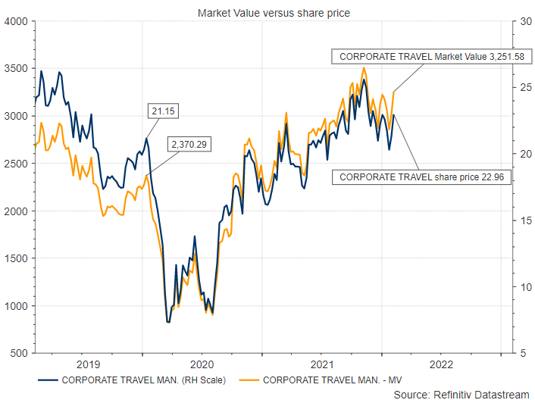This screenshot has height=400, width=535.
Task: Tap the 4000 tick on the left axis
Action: [x=16, y=21]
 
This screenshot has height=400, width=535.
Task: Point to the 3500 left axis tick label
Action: [x=16, y=69]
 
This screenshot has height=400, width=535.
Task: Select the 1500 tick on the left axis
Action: [x=16, y=258]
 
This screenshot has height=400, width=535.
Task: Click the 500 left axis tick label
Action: [x=18, y=353]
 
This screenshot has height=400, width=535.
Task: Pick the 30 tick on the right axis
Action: [x=521, y=21]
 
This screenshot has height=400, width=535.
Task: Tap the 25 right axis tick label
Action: [x=521, y=88]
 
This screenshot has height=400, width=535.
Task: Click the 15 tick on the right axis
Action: [x=521, y=220]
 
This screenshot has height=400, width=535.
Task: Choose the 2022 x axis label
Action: [x=441, y=364]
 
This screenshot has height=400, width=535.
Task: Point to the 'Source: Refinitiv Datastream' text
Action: [x=461, y=393]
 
